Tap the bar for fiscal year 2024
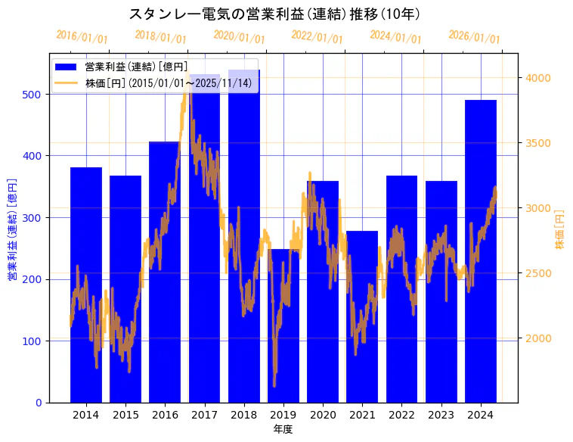click(x=481, y=250)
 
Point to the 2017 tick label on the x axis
click(x=204, y=415)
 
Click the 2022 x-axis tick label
click(x=401, y=415)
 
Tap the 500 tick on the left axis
click(x=36, y=94)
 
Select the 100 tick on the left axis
click(x=36, y=341)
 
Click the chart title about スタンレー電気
click(x=274, y=14)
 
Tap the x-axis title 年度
click(x=283, y=429)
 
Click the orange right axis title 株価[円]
click(x=560, y=229)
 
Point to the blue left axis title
click(x=12, y=229)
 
